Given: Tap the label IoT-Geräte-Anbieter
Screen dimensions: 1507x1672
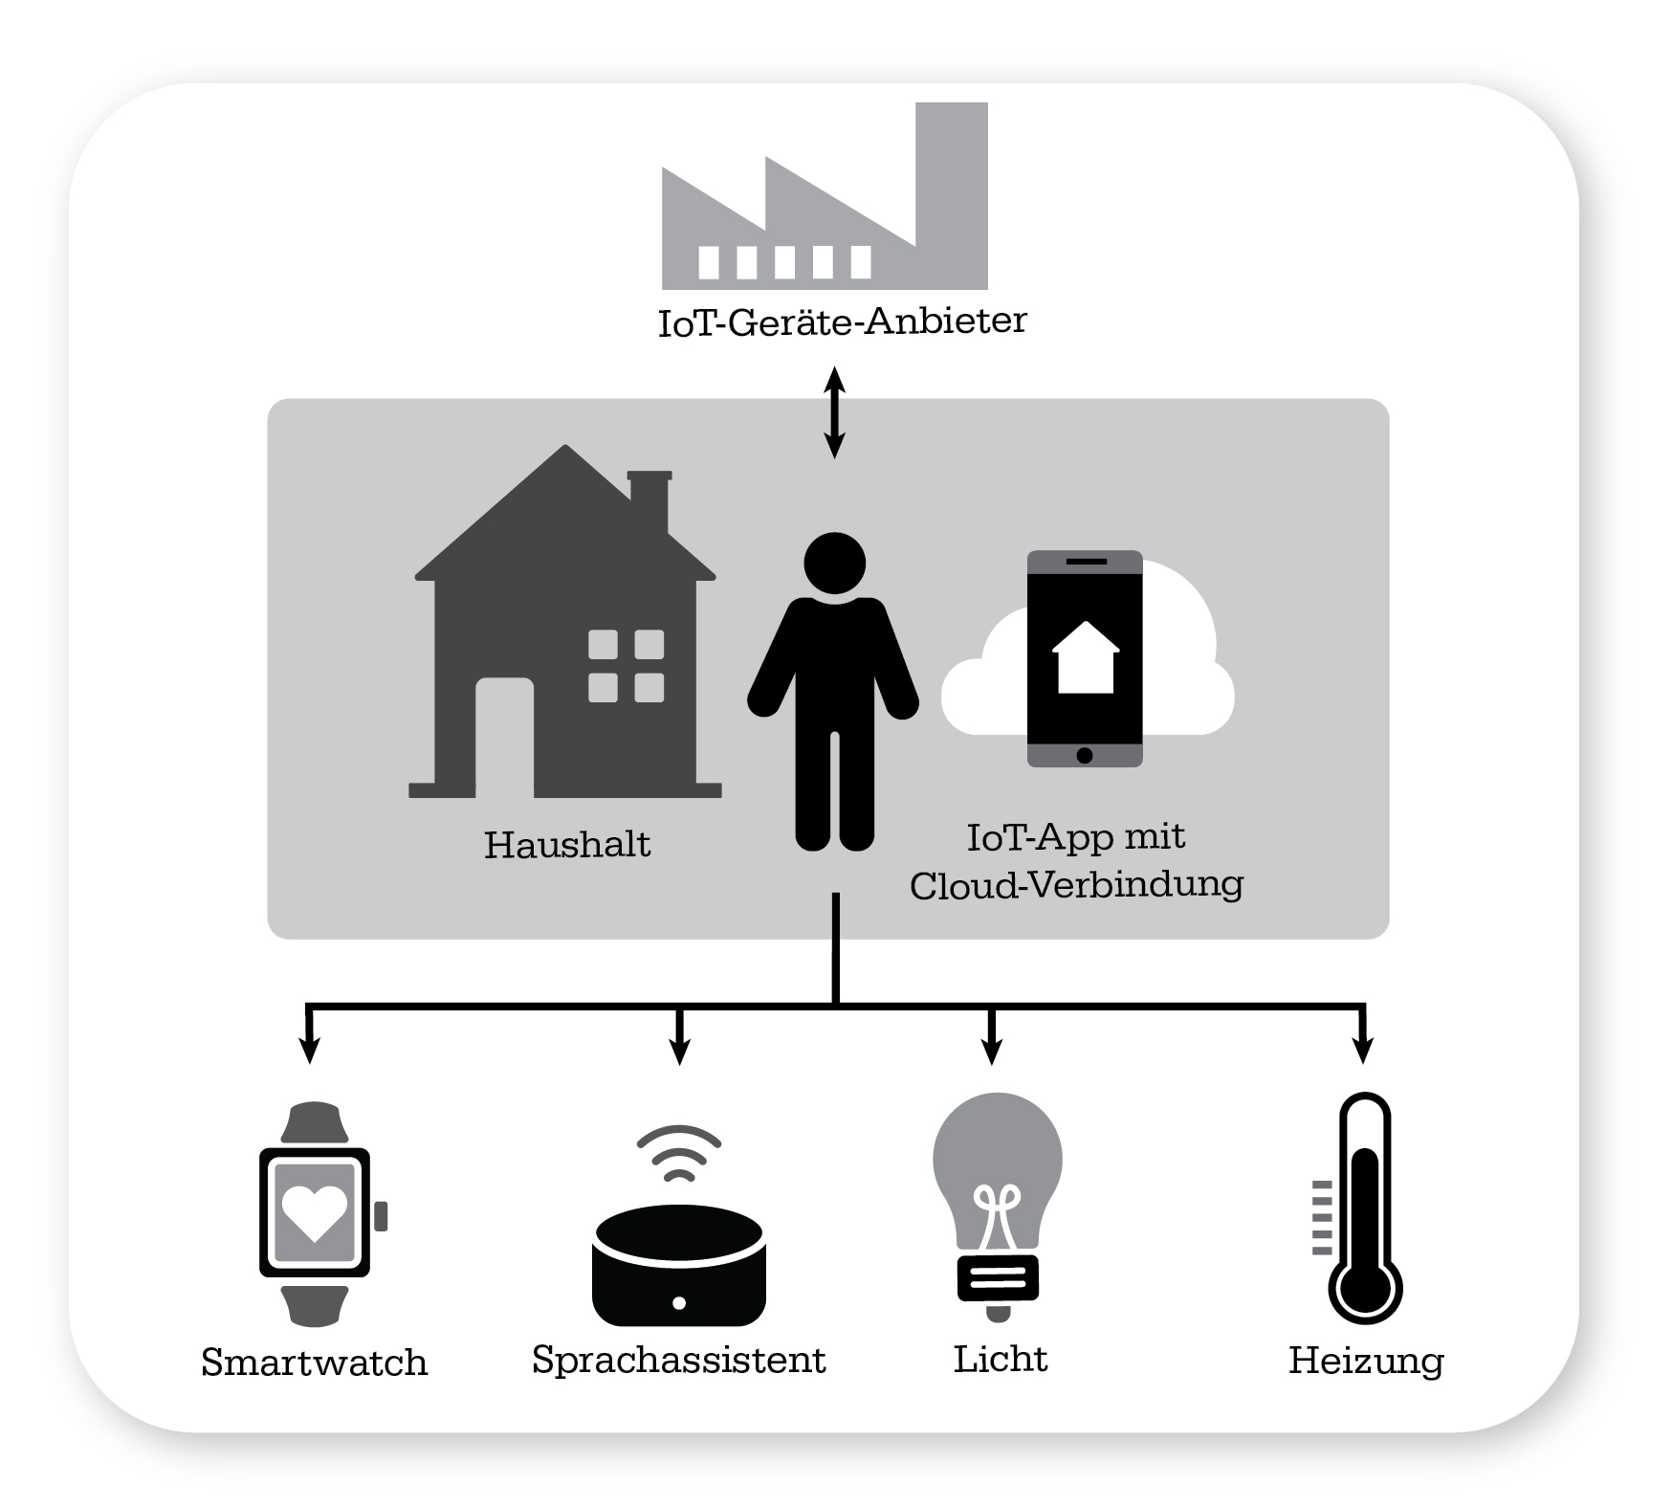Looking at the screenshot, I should pyautogui.click(x=842, y=321).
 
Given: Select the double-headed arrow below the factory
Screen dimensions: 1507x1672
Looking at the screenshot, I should pyautogui.click(x=835, y=412).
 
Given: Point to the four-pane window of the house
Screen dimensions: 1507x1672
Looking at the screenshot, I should pyautogui.click(x=626, y=666).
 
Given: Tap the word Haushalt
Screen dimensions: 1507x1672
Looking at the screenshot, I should pyautogui.click(x=567, y=845).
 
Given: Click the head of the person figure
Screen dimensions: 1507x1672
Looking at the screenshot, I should pyautogui.click(x=835, y=564).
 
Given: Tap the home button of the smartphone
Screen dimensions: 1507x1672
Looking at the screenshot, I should pyautogui.click(x=1084, y=755).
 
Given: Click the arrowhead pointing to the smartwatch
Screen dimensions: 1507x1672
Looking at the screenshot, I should pyautogui.click(x=308, y=1052).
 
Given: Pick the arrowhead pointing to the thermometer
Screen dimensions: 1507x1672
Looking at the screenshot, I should pyautogui.click(x=1363, y=1052).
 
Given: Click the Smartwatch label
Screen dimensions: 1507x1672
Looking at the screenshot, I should pyautogui.click(x=314, y=1363).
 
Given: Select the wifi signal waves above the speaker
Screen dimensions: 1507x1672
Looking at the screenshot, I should pyautogui.click(x=679, y=1153).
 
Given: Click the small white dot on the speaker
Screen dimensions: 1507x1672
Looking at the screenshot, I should pyautogui.click(x=679, y=1302).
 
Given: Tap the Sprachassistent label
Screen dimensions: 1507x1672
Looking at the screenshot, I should pyautogui.click(x=678, y=1360).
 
